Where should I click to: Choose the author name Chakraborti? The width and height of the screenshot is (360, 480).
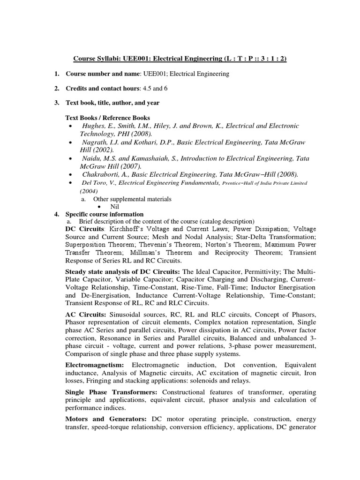tap(101, 174)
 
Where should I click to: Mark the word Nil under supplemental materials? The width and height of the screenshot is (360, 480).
tap(115, 206)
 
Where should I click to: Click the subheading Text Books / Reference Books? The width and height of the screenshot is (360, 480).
tap(107, 118)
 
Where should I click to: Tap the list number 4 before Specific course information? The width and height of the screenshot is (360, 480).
tap(57, 214)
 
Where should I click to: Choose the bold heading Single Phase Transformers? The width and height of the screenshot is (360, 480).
tap(112, 392)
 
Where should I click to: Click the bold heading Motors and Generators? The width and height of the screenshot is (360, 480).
tap(106, 419)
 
